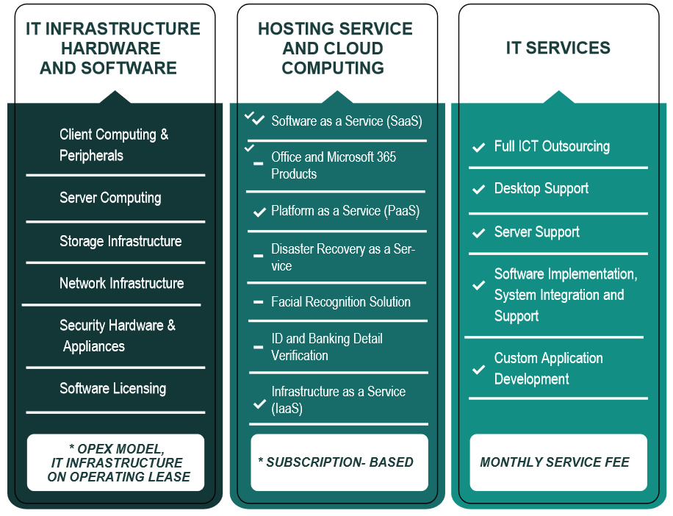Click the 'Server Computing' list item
click(110, 198)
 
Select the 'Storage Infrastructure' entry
click(120, 241)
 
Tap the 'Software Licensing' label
click(112, 388)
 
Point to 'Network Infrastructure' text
click(121, 283)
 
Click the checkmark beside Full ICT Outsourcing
click(478, 148)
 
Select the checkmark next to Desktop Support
click(478, 190)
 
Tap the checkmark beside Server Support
click(478, 233)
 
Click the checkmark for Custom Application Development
click(478, 369)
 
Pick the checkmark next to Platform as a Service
click(259, 212)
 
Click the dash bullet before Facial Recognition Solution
click(258, 302)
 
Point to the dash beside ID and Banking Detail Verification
click(258, 347)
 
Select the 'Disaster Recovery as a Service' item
click(342, 257)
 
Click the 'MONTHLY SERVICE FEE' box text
click(554, 462)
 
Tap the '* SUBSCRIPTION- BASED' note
click(335, 462)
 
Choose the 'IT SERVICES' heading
click(558, 49)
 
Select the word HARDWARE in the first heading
click(110, 49)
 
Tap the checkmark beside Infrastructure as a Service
click(259, 404)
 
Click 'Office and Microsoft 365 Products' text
click(334, 165)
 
